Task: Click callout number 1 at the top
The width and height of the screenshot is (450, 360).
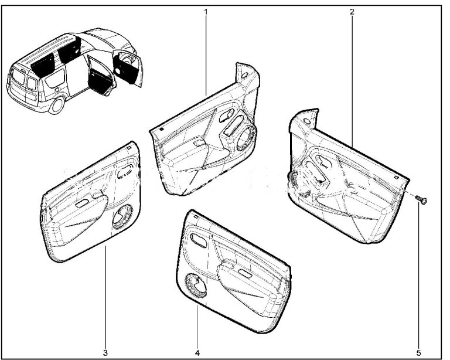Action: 206,12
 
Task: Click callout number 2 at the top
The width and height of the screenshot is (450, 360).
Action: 352,12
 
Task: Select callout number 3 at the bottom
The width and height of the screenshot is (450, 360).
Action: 105,352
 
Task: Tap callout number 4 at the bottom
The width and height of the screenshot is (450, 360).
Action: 197,352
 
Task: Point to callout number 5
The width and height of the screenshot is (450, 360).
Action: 419,352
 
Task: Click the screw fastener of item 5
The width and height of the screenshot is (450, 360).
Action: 421,199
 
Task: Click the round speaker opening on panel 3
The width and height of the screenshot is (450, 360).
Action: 122,216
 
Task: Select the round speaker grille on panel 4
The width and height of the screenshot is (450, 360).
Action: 196,286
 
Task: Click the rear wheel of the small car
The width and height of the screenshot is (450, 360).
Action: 57,106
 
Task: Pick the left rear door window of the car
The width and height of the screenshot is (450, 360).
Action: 19,77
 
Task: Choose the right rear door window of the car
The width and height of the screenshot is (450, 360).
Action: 31,83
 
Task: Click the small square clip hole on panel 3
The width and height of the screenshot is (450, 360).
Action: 129,148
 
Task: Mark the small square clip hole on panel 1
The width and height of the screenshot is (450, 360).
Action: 161,129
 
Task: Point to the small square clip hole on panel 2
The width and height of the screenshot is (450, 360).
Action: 396,177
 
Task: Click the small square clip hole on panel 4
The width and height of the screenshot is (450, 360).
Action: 196,216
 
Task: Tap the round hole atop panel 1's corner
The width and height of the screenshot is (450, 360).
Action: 245,76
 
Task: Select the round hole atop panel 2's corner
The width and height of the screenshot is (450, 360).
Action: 307,121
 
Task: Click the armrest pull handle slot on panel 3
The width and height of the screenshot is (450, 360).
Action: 82,203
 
